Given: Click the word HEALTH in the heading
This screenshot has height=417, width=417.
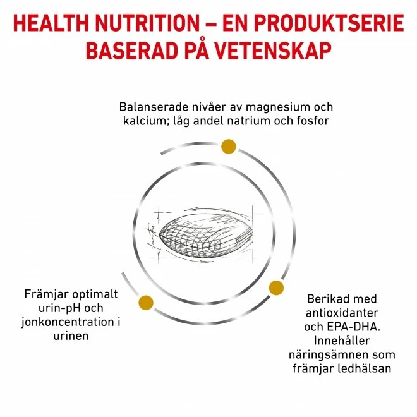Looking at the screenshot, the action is coord(51,23).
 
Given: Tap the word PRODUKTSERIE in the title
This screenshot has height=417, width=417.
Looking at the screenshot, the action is coord(329,23).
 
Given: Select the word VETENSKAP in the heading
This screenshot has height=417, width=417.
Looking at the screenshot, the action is coord(273,51).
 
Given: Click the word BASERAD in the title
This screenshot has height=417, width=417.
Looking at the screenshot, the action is coord(132,51).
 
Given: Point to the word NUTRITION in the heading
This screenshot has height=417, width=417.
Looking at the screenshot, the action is coord(147,23).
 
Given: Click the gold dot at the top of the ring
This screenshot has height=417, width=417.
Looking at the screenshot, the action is coord(229,147).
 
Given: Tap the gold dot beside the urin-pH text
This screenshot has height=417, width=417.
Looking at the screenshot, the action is coord(146,303).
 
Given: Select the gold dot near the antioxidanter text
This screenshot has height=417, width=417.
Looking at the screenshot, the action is coord(276,287).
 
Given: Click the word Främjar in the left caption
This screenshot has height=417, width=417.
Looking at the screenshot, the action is coord(47,294).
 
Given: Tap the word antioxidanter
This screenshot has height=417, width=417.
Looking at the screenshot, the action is coord(342,313).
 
